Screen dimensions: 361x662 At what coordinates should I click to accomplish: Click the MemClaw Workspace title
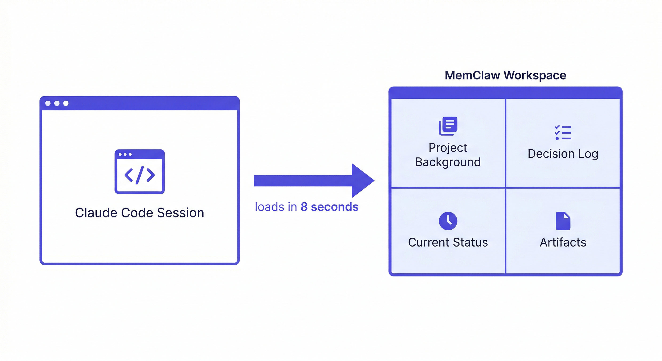505,75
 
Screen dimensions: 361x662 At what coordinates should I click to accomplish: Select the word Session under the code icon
180,213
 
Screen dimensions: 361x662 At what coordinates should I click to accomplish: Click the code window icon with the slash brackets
140,171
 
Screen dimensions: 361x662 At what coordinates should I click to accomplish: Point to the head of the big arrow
362,180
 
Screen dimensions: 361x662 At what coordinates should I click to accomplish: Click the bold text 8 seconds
329,207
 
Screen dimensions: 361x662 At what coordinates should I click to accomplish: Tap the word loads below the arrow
269,207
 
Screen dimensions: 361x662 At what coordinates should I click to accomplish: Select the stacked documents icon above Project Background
448,126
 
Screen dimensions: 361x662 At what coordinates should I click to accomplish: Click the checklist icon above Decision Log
563,133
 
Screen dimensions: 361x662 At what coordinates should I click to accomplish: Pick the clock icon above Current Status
448,221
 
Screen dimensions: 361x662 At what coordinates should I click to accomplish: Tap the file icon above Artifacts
563,221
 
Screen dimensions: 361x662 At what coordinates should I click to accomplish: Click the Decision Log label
563,154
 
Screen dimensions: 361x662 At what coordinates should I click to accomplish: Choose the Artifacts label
563,242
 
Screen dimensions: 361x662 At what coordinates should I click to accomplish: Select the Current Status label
448,242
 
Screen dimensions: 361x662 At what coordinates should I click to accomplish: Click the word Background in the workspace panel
448,162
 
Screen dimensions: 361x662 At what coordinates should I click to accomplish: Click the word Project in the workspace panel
448,148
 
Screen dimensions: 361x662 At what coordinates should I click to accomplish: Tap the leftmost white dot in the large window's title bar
48,103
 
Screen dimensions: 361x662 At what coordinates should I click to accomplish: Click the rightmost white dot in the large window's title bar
66,103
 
